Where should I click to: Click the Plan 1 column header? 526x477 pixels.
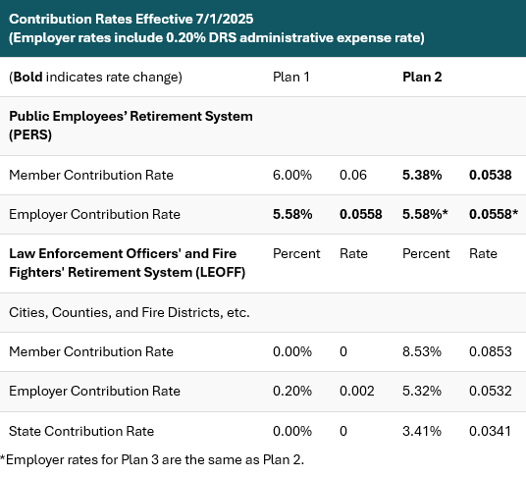coord(291,77)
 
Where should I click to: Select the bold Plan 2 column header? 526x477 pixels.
coord(422,77)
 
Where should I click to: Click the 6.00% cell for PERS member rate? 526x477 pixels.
coord(292,175)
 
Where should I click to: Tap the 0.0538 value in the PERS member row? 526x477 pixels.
coord(490,175)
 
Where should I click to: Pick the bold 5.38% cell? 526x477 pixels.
coord(422,175)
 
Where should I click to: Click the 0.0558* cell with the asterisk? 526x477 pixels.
coord(494,214)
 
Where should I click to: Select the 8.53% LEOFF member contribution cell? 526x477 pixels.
coord(422,351)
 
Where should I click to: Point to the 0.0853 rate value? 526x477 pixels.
coord(490,351)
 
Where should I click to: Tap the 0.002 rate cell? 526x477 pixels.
coord(356,391)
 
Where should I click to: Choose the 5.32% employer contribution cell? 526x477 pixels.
coord(422,391)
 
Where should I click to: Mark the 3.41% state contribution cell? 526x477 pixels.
coord(422,431)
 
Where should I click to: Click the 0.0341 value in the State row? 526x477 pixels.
coord(490,431)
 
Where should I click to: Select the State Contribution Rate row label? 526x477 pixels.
coord(81,431)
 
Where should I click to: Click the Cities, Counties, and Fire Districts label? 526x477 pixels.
coord(130,312)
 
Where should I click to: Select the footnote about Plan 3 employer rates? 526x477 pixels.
coord(151,459)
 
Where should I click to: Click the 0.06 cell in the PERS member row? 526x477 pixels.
coord(352,175)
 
